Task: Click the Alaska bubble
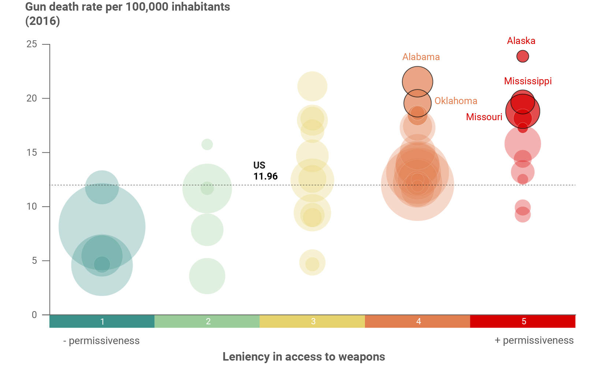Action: tap(522, 56)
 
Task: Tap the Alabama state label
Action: tap(421, 57)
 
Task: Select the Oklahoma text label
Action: tap(456, 101)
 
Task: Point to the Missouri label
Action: tap(484, 117)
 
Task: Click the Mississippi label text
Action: tap(527, 81)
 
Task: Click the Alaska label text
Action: tap(521, 41)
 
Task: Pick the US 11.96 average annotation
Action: tap(265, 171)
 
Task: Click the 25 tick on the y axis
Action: tap(32, 44)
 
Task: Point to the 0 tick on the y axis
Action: tap(34, 315)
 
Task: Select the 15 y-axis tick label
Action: tap(32, 152)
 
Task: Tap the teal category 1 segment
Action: tap(102, 321)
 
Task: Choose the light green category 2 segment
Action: tap(207, 321)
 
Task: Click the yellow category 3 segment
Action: tap(312, 321)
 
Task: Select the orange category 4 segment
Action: tap(418, 321)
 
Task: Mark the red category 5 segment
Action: tap(523, 321)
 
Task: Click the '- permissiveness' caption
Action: tap(101, 341)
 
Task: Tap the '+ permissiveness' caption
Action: tap(534, 340)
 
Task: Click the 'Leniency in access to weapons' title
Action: tap(304, 357)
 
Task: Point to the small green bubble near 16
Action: tap(207, 144)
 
